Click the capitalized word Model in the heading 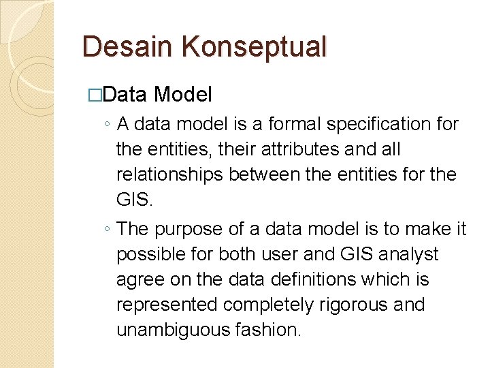click(183, 95)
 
